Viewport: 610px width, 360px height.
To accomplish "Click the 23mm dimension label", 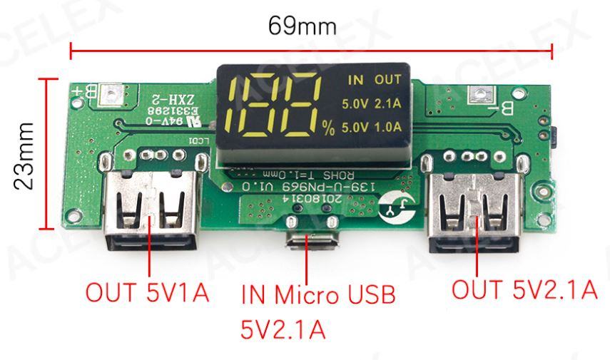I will pos(26,155).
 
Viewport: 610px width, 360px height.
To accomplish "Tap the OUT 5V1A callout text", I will pos(147,292).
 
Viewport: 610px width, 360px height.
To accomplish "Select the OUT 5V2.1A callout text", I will pos(524,289).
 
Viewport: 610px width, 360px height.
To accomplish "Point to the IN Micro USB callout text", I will pos(317,294).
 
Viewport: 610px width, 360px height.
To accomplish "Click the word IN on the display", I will pos(355,79).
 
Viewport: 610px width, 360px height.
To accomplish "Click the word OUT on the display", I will pos(388,79).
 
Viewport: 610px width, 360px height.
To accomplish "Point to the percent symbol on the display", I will pos(327,128).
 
